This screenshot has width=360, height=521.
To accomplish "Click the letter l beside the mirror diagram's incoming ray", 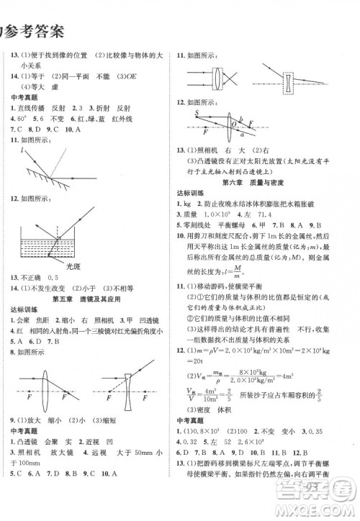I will pyautogui.click(x=24, y=150).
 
